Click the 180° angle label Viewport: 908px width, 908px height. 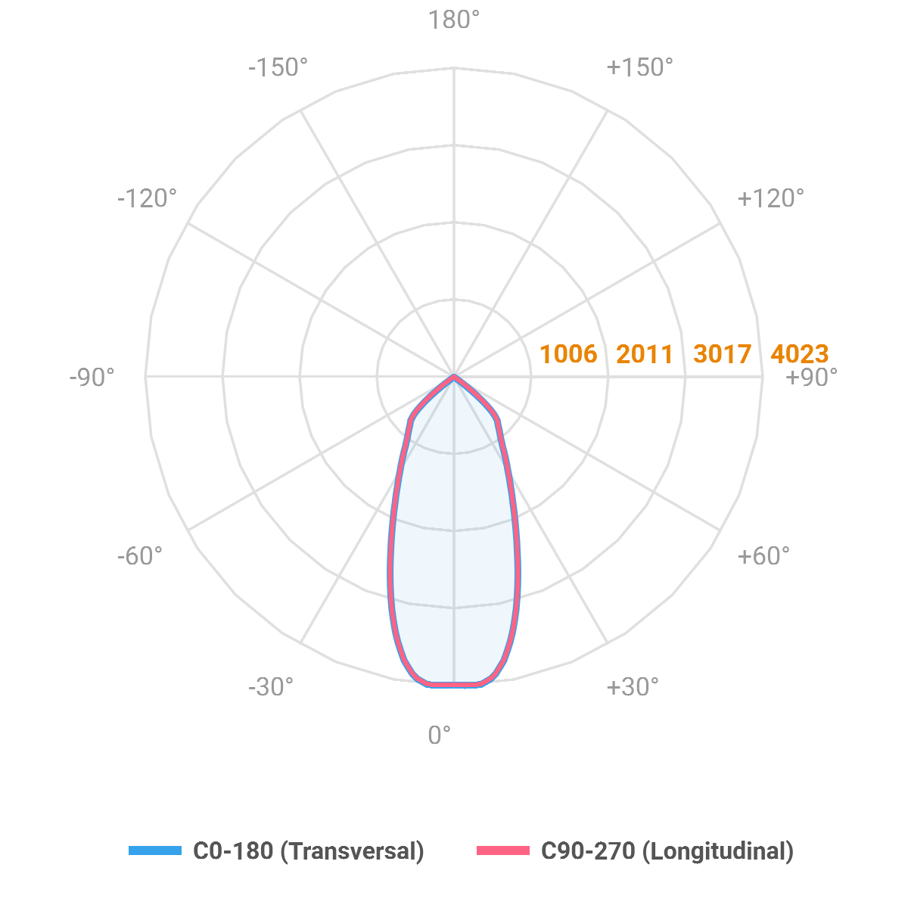pyautogui.click(x=454, y=20)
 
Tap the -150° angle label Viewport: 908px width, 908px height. pyautogui.click(x=278, y=67)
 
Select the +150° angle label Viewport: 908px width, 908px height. pyautogui.click(x=639, y=67)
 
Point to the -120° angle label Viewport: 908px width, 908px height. pyautogui.click(x=147, y=198)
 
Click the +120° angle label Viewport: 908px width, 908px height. pyautogui.click(x=770, y=198)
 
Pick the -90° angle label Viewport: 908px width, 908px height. pyautogui.click(x=92, y=377)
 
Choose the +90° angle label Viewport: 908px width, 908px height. pyautogui.click(x=812, y=377)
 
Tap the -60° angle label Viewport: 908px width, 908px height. pyautogui.click(x=140, y=556)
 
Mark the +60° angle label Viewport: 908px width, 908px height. pyautogui.click(x=763, y=556)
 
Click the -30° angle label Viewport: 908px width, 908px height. pyautogui.click(x=270, y=687)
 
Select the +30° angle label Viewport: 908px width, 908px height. pyautogui.click(x=633, y=687)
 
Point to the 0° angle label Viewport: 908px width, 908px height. pyautogui.click(x=440, y=735)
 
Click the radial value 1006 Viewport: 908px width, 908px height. pyautogui.click(x=568, y=353)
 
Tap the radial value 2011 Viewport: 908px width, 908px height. pyautogui.click(x=645, y=353)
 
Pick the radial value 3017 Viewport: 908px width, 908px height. pyautogui.click(x=722, y=353)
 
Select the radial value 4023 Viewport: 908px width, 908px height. pyautogui.click(x=800, y=353)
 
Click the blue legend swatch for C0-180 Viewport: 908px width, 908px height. pyautogui.click(x=155, y=850)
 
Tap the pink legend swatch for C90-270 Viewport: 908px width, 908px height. pyautogui.click(x=502, y=850)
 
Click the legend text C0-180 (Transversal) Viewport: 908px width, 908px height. pyautogui.click(x=309, y=851)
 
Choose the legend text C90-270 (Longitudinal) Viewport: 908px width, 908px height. pyautogui.click(x=667, y=851)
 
